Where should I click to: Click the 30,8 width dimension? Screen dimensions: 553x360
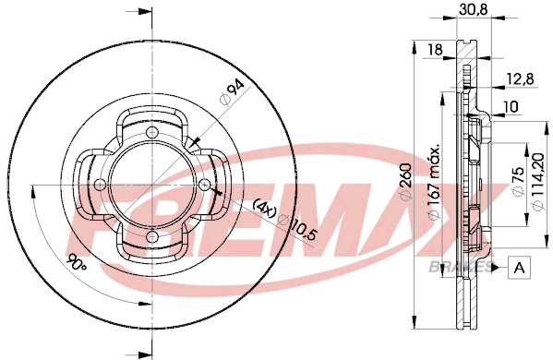pyautogui.click(x=474, y=9)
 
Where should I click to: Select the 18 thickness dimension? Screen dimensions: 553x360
pyautogui.click(x=435, y=49)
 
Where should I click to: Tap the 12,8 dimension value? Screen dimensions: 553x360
pyautogui.click(x=520, y=78)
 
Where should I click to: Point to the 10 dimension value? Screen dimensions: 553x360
pyautogui.click(x=511, y=106)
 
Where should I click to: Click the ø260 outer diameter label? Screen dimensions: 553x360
pyautogui.click(x=406, y=181)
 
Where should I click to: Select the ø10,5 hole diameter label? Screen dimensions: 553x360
pyautogui.click(x=297, y=228)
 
